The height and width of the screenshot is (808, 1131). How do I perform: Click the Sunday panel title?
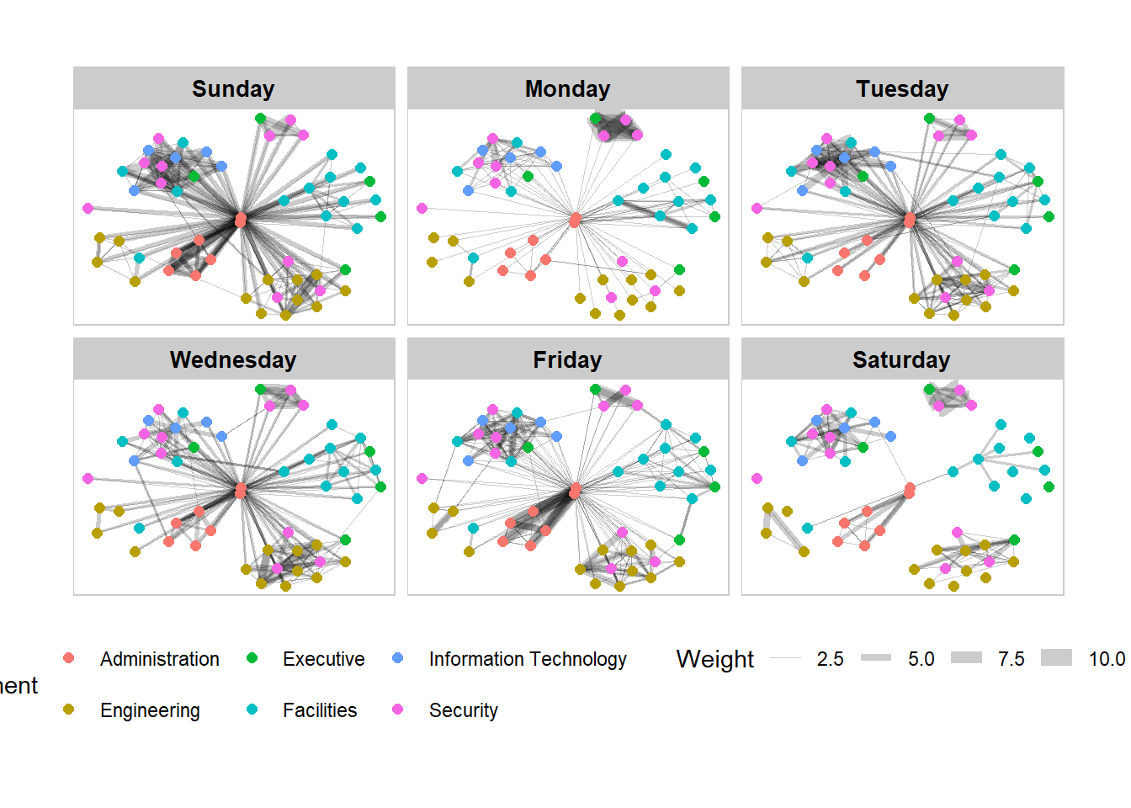[x=233, y=88]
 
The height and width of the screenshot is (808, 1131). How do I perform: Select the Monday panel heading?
[x=567, y=88]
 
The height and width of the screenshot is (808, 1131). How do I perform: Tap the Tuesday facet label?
[x=902, y=88]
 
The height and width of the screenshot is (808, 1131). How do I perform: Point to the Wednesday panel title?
[x=233, y=359]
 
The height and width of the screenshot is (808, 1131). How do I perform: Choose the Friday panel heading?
[x=567, y=359]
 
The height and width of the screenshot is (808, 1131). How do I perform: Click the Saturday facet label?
[x=901, y=359]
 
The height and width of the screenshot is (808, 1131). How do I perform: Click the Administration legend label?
[x=159, y=659]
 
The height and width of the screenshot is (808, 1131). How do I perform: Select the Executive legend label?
[x=323, y=659]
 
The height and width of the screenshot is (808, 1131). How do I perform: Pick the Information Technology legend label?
[x=528, y=659]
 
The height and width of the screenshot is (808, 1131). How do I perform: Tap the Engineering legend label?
[x=150, y=710]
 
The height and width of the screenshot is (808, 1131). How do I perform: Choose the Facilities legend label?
[x=320, y=710]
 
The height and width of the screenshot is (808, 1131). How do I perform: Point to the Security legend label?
[x=463, y=710]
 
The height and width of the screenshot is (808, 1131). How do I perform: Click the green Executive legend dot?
[x=252, y=658]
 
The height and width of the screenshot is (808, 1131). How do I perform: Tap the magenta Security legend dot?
[x=397, y=710]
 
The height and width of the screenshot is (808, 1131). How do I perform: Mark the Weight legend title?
[x=714, y=659]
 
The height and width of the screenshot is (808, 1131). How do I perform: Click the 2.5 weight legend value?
[x=830, y=659]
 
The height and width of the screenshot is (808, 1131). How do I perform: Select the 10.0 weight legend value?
[x=1107, y=659]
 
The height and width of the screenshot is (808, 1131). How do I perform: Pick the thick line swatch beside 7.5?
[x=966, y=658]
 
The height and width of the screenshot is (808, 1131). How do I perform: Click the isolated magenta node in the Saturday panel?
[x=757, y=478]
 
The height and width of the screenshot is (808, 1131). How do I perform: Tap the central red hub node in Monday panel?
[x=575, y=220]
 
